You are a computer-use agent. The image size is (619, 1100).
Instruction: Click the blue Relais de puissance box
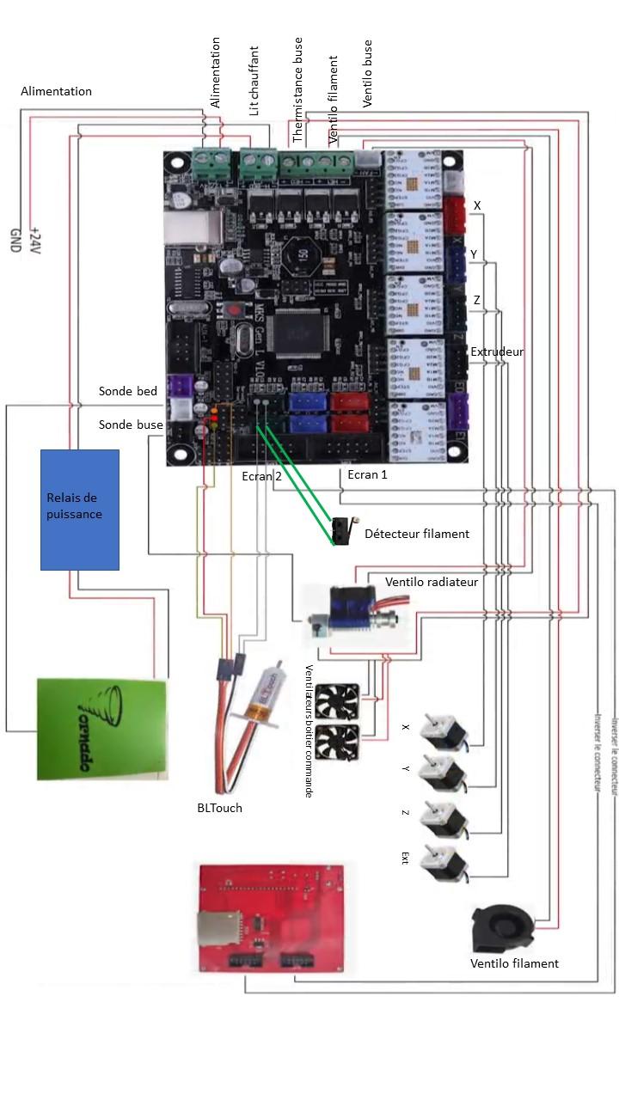pos(80,509)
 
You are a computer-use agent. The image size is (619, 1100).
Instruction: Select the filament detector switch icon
pos(341,530)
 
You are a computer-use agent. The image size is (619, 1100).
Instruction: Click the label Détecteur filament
pos(417,534)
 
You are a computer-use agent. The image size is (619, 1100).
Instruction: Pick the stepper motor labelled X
pos(444,731)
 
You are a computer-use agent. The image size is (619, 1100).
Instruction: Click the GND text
pos(15,238)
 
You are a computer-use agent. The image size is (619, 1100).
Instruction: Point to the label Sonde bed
pos(128,391)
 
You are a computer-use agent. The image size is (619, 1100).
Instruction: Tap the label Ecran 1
pos(367,474)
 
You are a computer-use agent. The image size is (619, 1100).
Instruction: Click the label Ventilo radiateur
pos(432,582)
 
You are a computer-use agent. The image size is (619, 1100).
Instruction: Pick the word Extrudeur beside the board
pos(497,351)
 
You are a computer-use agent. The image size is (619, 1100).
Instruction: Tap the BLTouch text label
pos(219,808)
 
